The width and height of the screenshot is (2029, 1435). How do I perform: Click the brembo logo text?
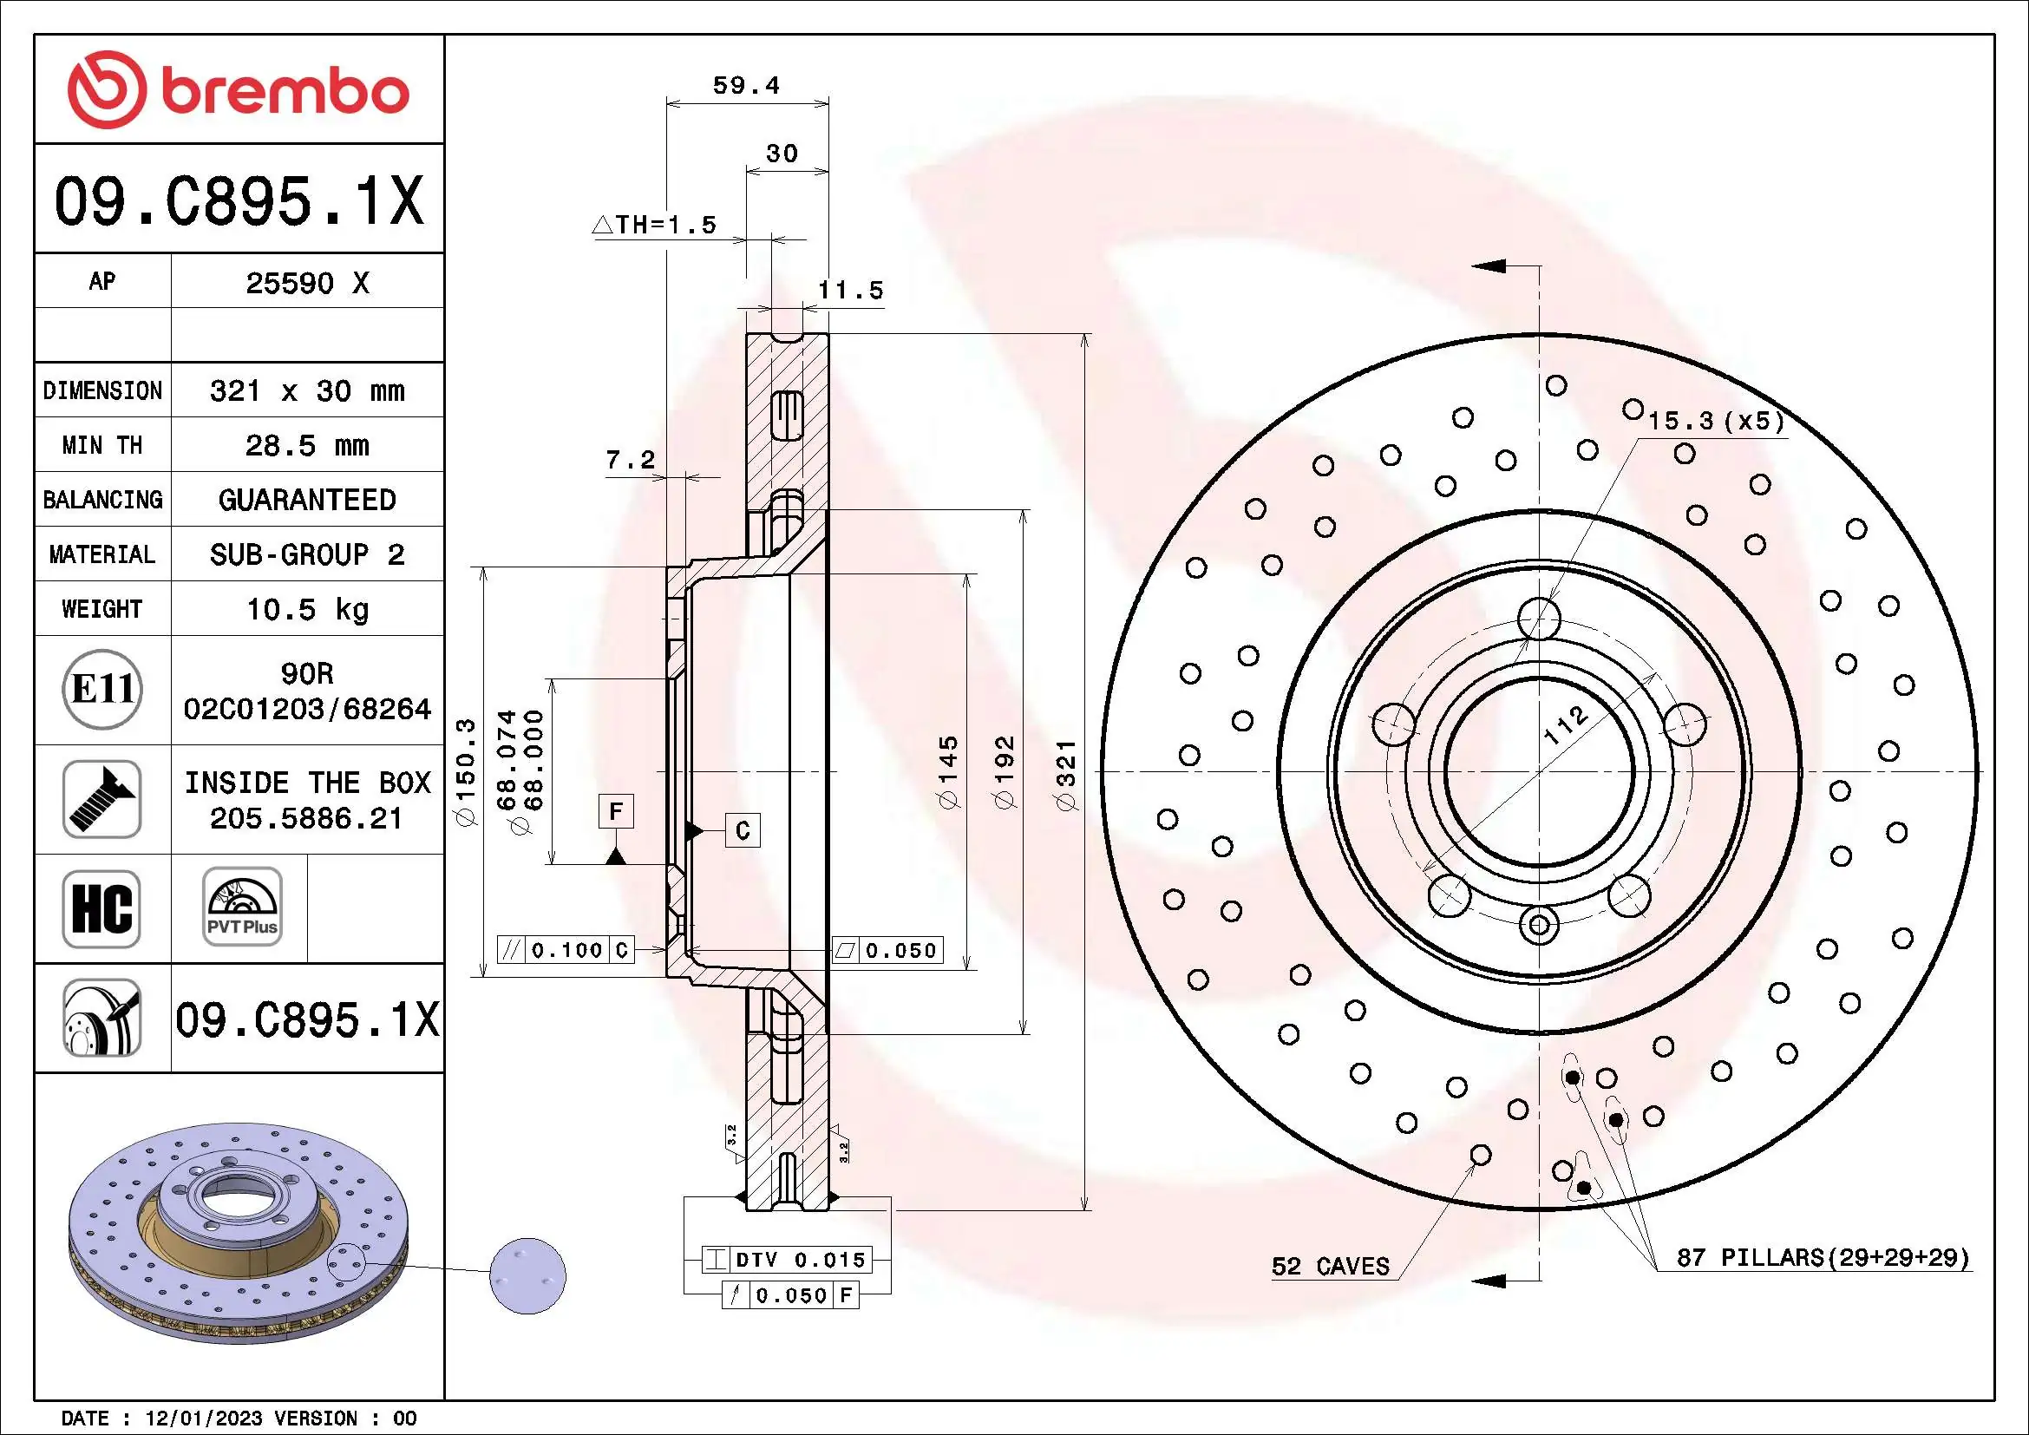[285, 92]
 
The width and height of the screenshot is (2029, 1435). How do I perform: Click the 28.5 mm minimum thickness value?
[306, 445]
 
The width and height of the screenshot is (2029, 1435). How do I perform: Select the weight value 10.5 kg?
[306, 609]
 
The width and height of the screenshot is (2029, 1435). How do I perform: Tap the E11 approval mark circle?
[102, 689]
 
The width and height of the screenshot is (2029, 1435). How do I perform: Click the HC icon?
[101, 908]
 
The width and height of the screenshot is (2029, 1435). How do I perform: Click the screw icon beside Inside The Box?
[101, 799]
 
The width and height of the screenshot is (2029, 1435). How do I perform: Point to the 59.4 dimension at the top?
[746, 86]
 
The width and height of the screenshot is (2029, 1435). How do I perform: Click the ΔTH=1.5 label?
[655, 226]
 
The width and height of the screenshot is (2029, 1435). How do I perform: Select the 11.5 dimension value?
[849, 290]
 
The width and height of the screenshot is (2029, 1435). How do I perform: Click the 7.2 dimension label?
[630, 460]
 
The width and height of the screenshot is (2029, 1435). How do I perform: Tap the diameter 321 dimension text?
[1067, 775]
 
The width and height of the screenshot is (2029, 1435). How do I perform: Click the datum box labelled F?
[616, 810]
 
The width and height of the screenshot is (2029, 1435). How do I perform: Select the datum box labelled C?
[743, 829]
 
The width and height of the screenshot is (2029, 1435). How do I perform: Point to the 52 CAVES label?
[1330, 1266]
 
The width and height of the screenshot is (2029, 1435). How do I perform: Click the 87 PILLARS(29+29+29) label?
[1823, 1257]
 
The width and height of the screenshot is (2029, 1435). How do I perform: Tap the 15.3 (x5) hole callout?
[1715, 421]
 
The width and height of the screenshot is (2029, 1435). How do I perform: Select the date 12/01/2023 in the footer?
[203, 1419]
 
